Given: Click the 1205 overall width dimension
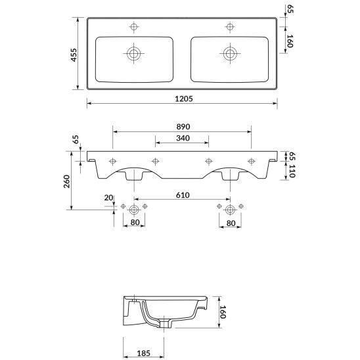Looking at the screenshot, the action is pos(184,99).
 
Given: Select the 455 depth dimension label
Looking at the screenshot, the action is pos(74,55).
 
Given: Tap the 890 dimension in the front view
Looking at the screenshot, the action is pos(183,127).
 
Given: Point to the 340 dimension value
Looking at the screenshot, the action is pos(183,138).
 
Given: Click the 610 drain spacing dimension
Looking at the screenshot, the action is pos(183,195).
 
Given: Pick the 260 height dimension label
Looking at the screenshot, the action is pos(66,181).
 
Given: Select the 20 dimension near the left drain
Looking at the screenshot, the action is pos(108,198).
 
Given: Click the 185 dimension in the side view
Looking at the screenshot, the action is pos(143,353).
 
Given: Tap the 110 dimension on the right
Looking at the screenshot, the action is pos(292,171).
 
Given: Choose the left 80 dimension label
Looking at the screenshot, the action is pos(135,222).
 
